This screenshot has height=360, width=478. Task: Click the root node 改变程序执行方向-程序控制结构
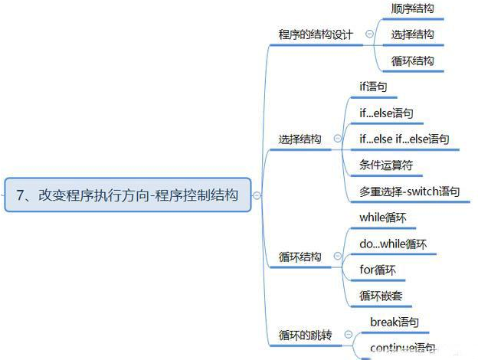click(x=127, y=195)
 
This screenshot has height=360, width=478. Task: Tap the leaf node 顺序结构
click(x=412, y=8)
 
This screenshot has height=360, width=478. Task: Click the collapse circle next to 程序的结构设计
click(x=370, y=34)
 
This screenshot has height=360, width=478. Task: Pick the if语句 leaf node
click(x=373, y=87)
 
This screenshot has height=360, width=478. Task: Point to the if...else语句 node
click(x=387, y=114)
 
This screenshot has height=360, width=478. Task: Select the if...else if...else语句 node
click(x=404, y=139)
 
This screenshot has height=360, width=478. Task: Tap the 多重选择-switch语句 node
click(x=410, y=191)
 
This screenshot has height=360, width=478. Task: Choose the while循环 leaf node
click(x=382, y=218)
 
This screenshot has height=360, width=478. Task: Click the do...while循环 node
click(x=393, y=244)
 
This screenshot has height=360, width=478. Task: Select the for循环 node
click(x=378, y=270)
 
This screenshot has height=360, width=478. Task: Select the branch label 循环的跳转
click(x=304, y=335)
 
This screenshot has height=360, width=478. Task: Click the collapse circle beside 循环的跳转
click(x=349, y=335)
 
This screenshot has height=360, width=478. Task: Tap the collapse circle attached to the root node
click(x=257, y=195)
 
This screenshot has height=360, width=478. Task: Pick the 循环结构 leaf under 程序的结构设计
click(x=412, y=61)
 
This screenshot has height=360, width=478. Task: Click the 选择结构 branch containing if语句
click(x=300, y=139)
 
